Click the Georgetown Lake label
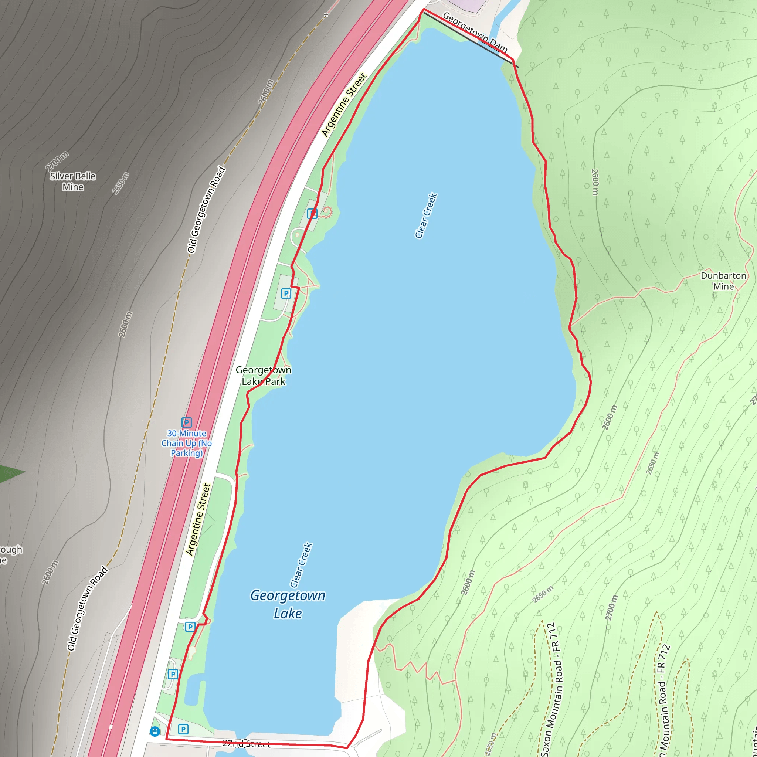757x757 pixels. click(288, 604)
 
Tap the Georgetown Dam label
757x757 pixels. click(475, 33)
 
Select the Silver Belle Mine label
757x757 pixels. click(73, 181)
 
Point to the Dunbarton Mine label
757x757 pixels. click(723, 281)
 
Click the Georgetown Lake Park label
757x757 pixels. click(263, 376)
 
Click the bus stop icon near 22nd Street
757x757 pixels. click(155, 731)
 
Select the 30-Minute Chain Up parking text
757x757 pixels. click(187, 443)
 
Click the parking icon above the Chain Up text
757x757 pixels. click(187, 422)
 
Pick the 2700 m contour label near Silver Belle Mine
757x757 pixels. click(57, 161)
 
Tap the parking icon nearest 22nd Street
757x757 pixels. click(183, 729)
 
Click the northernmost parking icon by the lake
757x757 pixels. click(312, 214)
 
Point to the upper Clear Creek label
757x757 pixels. click(426, 215)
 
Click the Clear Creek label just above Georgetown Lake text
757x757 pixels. click(301, 565)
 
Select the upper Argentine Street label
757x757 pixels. click(344, 105)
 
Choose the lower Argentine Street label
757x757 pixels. click(198, 520)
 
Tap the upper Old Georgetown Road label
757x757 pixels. click(206, 210)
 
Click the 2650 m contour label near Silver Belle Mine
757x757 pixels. click(120, 183)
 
